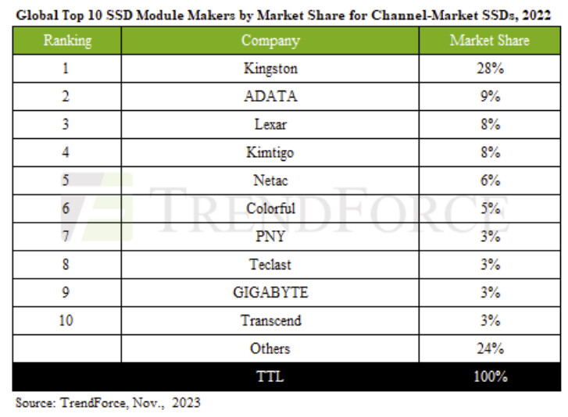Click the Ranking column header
(x=66, y=41)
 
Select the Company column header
(x=270, y=41)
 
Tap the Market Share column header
(x=489, y=41)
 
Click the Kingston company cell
(x=270, y=69)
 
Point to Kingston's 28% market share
(x=489, y=69)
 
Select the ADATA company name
(x=270, y=97)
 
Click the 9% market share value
(x=489, y=97)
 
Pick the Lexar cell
(x=270, y=125)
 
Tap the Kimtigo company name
(x=270, y=153)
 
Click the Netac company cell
(x=270, y=180)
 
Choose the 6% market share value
(x=489, y=180)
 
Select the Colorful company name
(x=270, y=208)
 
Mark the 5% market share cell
(x=489, y=208)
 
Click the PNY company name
(x=270, y=237)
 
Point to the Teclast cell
(x=270, y=265)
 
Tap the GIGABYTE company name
(x=270, y=293)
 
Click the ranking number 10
(x=66, y=321)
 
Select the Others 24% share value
(x=489, y=349)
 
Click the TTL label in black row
(x=270, y=377)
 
